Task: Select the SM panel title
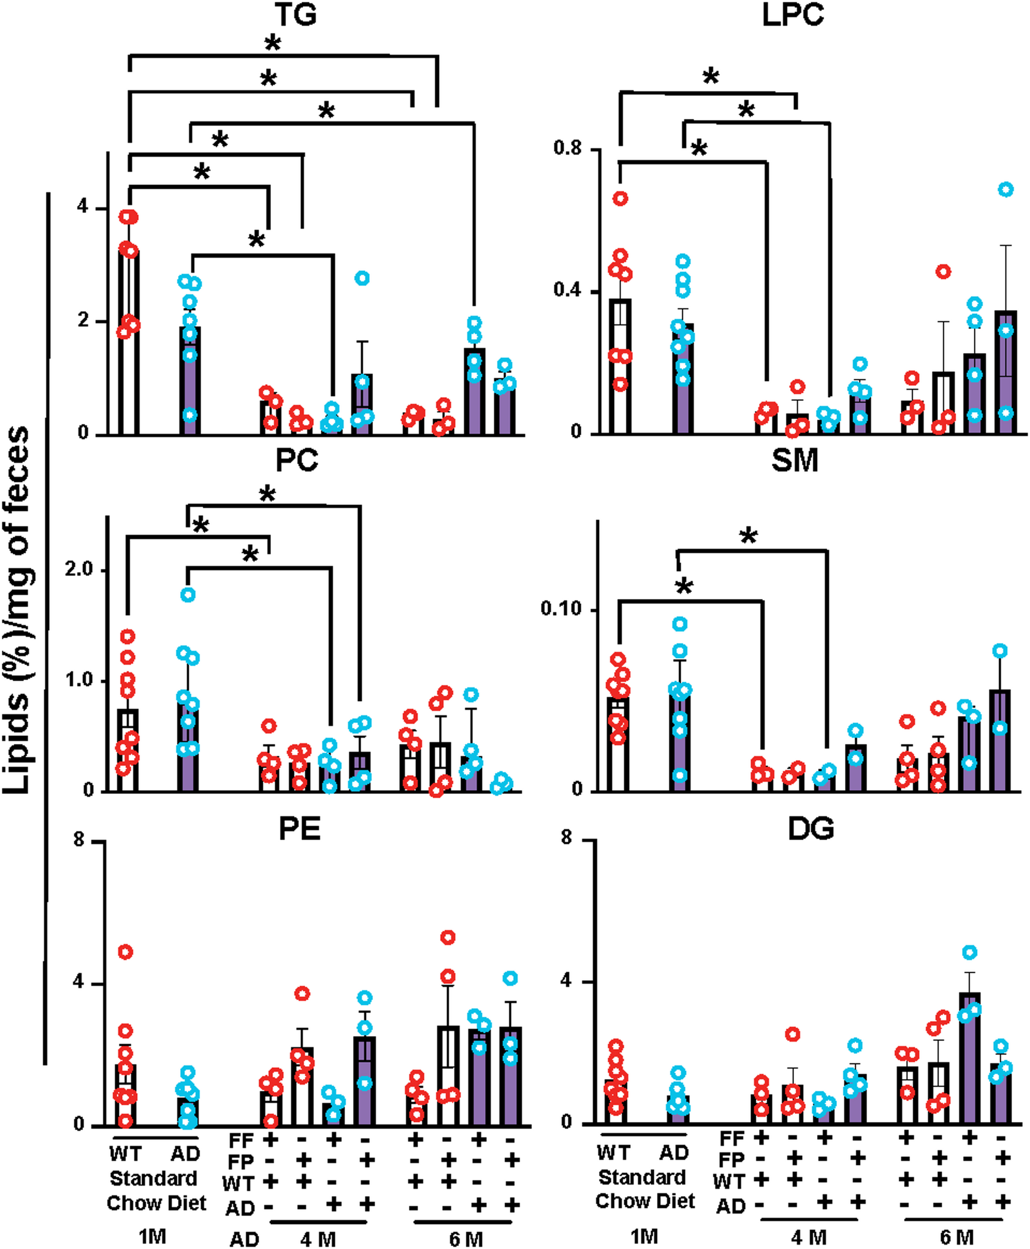(x=794, y=461)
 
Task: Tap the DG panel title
(x=810, y=829)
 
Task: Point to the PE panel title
(x=300, y=829)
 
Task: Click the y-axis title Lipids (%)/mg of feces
(x=17, y=610)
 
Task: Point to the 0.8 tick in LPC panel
(x=567, y=148)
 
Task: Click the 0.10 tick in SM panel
(x=560, y=608)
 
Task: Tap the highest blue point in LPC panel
(x=1006, y=189)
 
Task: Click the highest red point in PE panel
(x=448, y=937)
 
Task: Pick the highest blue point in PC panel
(x=187, y=595)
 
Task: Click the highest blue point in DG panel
(x=970, y=952)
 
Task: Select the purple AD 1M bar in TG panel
(x=190, y=380)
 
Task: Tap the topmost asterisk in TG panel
(x=272, y=44)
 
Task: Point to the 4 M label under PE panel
(x=318, y=1239)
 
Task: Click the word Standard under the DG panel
(x=641, y=1177)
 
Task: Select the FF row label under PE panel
(x=240, y=1141)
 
